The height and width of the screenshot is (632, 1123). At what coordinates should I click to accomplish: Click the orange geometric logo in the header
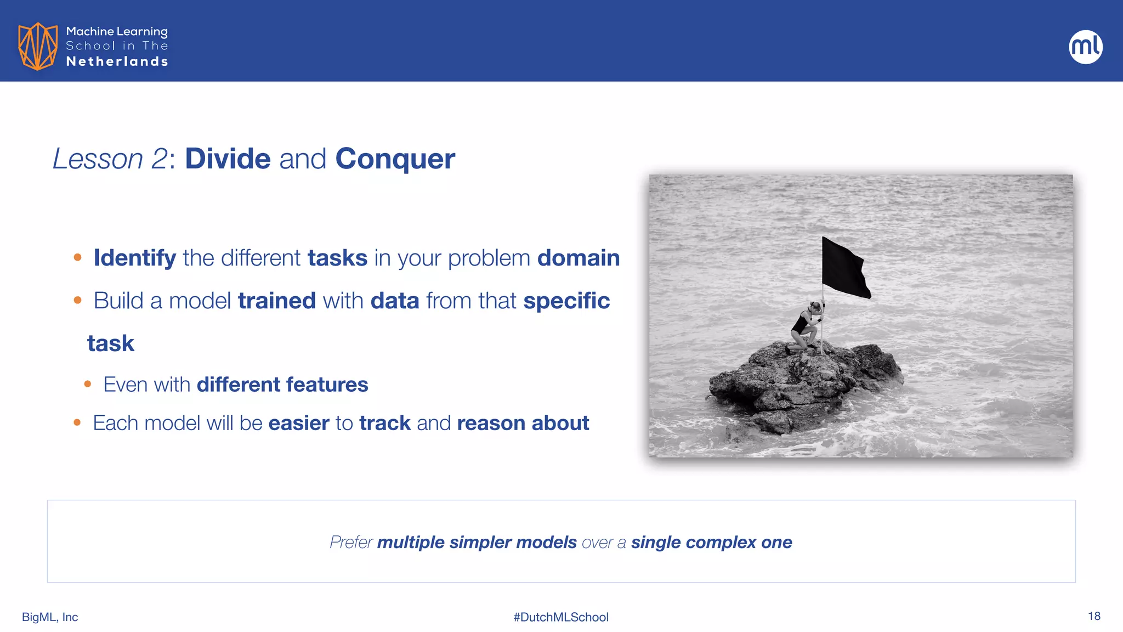37,46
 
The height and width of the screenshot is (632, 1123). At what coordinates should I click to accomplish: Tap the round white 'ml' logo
1085,47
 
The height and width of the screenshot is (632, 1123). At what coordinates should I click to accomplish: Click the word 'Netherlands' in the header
117,61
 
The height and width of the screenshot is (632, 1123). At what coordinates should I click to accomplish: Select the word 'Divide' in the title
228,159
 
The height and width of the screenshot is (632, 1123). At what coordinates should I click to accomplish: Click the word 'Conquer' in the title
395,159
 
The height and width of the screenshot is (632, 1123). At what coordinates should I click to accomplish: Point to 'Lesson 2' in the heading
110,159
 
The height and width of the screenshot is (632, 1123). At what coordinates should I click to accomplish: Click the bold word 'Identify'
135,258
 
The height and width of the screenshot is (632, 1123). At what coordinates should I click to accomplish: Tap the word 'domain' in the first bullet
578,258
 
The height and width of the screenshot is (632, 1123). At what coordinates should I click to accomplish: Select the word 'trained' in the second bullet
277,301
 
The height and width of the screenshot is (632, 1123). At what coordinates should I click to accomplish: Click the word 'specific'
566,301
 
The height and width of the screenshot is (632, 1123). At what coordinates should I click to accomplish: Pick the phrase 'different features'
282,385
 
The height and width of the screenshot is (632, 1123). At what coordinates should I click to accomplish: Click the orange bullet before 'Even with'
88,385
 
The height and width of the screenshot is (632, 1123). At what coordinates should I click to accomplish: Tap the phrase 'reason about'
523,423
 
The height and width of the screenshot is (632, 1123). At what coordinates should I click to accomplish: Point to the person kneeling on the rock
805,327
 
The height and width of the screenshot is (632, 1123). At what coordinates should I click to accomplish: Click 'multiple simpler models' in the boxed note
477,542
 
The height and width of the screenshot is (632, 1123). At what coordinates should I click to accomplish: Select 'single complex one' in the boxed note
711,542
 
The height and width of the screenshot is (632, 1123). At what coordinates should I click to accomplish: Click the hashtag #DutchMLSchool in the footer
561,617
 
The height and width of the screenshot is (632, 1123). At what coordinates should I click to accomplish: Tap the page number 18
1094,616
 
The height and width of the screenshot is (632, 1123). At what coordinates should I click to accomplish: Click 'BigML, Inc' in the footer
50,617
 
